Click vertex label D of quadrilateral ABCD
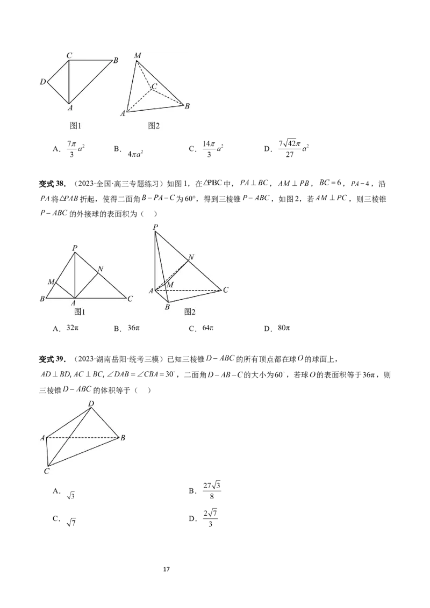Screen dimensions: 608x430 coord(42,82)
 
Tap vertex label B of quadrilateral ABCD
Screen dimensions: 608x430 coord(116,60)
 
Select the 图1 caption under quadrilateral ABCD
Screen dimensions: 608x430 coord(76,125)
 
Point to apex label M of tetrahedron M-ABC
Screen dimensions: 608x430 coord(138,56)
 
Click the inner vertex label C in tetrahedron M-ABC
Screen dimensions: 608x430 coord(154,86)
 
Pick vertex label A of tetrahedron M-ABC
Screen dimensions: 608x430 coord(123,113)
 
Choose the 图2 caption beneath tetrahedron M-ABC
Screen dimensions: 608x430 coord(154,125)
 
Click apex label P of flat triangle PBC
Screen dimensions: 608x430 coord(75,248)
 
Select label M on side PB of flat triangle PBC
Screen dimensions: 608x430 coord(51,281)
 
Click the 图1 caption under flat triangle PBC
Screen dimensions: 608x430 coord(80,311)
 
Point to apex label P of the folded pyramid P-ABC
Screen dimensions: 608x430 coord(155,228)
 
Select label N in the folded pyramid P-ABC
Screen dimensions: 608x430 coord(191,257)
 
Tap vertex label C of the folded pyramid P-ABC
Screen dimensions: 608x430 coord(226,289)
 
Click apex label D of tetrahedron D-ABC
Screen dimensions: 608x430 coord(91,403)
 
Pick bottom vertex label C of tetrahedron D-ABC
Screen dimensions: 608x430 coord(47,471)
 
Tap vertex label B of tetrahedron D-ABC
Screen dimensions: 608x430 coord(123,438)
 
